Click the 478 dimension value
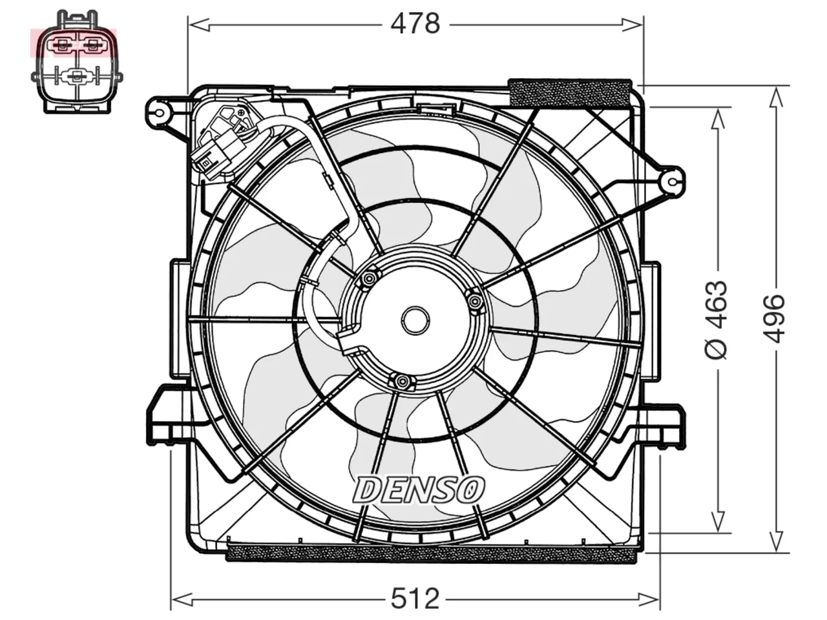(x=415, y=24)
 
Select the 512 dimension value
(x=415, y=599)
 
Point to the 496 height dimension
(x=775, y=319)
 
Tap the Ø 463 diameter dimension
(x=715, y=320)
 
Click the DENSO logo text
(x=418, y=489)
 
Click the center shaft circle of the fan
(x=415, y=320)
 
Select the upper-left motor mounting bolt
(x=369, y=278)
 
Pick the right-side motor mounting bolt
(x=476, y=301)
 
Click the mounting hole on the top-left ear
(x=160, y=113)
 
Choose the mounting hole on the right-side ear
(x=672, y=183)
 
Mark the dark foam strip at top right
(x=570, y=92)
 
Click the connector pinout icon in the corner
(x=77, y=62)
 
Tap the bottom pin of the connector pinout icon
(x=76, y=77)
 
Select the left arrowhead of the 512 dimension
(x=182, y=599)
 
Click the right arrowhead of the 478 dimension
(x=633, y=25)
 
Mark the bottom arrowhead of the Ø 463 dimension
(x=718, y=521)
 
